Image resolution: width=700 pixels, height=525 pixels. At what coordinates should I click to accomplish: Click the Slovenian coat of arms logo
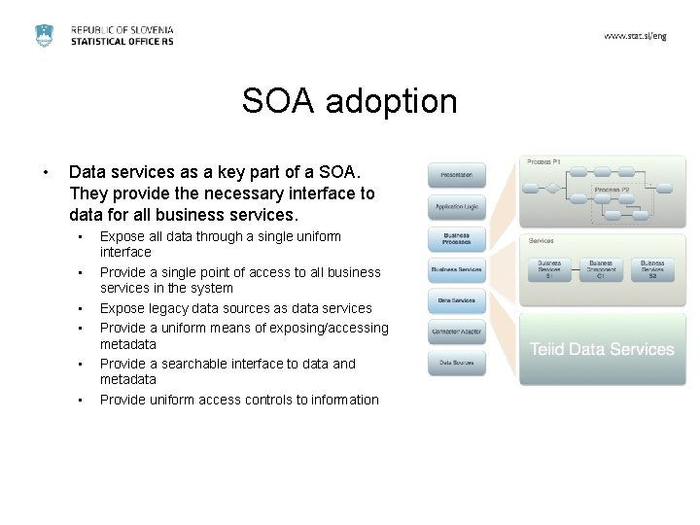pyautogui.click(x=45, y=35)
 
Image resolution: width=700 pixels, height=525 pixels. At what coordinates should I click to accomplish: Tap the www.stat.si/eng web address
pyautogui.click(x=635, y=35)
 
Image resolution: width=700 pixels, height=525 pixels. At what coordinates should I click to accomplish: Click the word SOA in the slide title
pyautogui.click(x=276, y=100)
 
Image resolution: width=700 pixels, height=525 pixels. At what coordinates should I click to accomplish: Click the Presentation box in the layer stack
pyautogui.click(x=456, y=175)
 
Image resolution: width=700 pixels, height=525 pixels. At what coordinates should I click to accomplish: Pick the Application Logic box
pyautogui.click(x=456, y=207)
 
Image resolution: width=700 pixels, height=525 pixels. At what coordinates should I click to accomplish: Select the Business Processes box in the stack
pyautogui.click(x=456, y=238)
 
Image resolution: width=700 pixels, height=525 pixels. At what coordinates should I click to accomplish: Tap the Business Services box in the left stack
pyautogui.click(x=456, y=269)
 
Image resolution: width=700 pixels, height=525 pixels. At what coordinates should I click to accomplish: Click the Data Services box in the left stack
pyautogui.click(x=456, y=300)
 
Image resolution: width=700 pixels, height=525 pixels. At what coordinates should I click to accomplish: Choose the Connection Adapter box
pyautogui.click(x=456, y=332)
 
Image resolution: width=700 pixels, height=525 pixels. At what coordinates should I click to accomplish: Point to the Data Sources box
pyautogui.click(x=456, y=363)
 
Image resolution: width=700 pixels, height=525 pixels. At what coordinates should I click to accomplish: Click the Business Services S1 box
pyautogui.click(x=549, y=267)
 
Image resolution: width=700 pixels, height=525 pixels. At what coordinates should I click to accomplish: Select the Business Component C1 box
pyautogui.click(x=601, y=267)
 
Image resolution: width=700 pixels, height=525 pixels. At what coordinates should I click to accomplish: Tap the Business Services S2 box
pyautogui.click(x=652, y=267)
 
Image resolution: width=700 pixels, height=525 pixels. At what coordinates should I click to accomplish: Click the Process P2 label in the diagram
pyautogui.click(x=612, y=189)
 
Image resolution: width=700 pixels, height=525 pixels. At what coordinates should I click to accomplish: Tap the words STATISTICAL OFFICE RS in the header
pyautogui.click(x=122, y=43)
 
